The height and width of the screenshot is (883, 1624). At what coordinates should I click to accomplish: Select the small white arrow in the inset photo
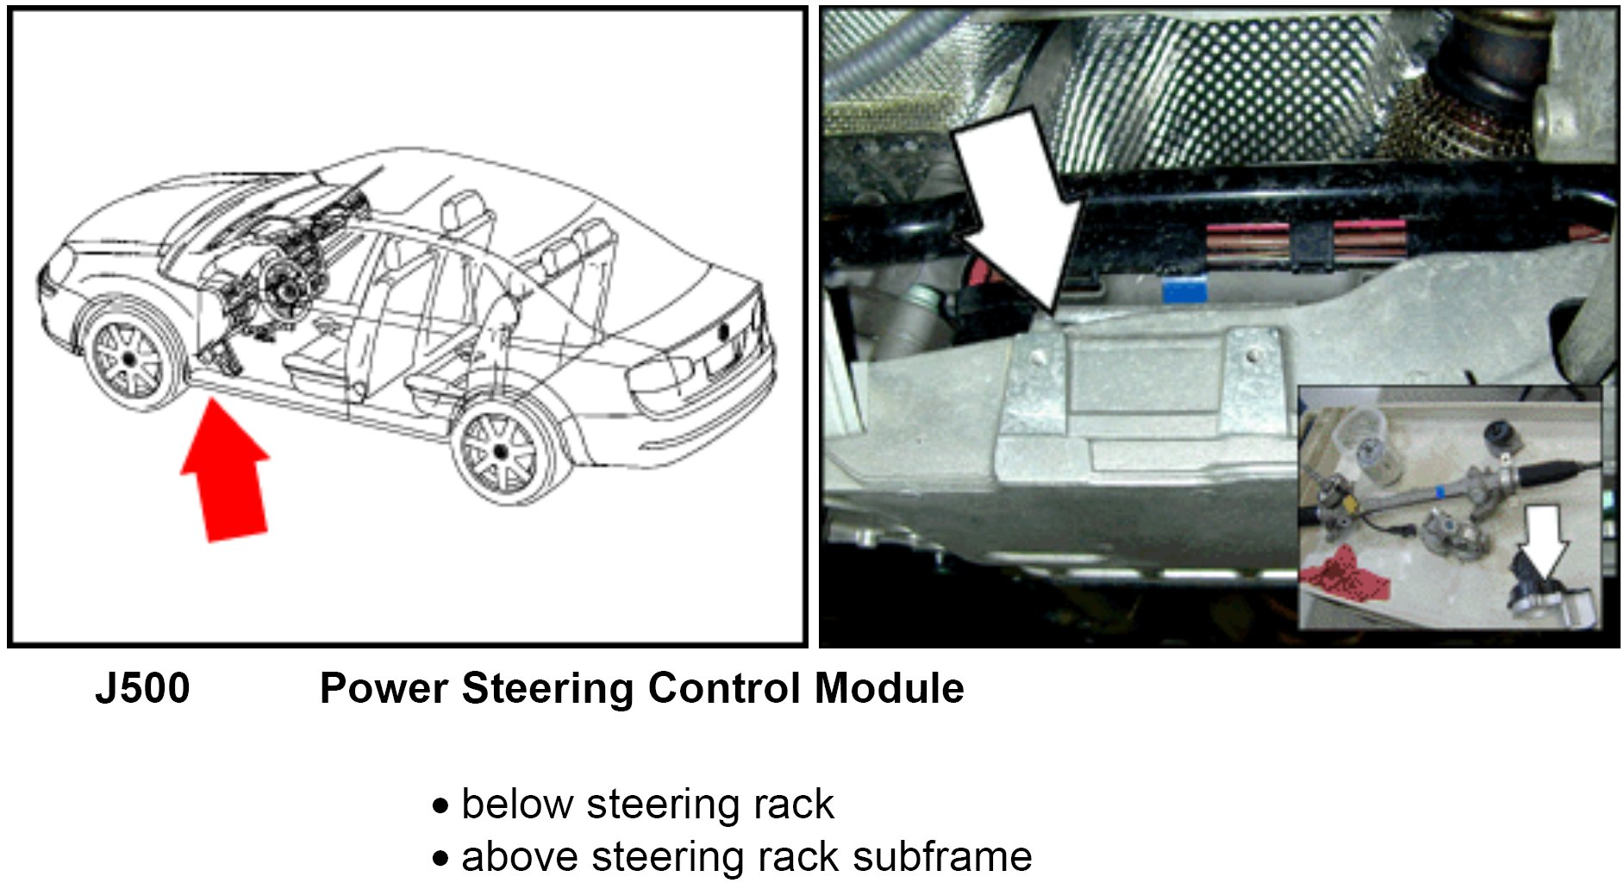tap(1544, 539)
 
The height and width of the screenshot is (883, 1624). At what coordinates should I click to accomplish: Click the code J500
tap(142, 689)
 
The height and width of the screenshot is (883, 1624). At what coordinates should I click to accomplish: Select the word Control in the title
tap(725, 689)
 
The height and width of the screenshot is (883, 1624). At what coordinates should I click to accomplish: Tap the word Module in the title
tap(889, 689)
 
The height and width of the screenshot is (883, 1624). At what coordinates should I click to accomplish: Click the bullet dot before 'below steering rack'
tap(441, 807)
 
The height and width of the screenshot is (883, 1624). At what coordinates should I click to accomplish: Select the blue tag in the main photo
tap(1184, 291)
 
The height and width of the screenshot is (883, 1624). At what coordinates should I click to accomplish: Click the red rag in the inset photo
tap(1346, 574)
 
